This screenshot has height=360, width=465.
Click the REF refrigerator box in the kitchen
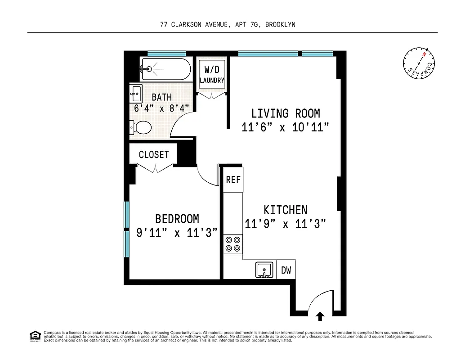(233, 180)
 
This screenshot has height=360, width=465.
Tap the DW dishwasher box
(286, 270)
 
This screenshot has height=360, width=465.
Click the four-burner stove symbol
(233, 244)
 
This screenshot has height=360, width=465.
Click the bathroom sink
(136, 94)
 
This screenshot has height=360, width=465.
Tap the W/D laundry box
(212, 75)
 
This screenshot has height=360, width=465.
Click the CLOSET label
(154, 154)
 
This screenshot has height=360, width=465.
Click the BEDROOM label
(177, 219)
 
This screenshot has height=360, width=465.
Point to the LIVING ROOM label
(286, 113)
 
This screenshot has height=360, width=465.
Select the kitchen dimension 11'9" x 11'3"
(285, 224)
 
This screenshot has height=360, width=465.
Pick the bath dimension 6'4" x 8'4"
(161, 108)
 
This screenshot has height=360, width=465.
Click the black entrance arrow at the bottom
(320, 316)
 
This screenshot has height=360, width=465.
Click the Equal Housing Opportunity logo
(35, 336)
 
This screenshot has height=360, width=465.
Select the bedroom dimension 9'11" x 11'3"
(177, 233)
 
